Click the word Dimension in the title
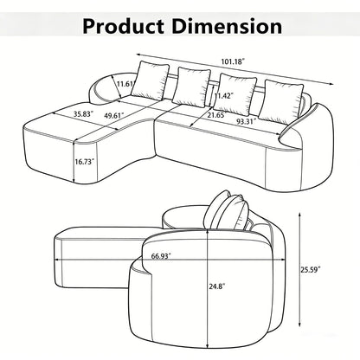tap(227, 26)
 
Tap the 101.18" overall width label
tap(233, 61)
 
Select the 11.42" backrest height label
tap(223, 95)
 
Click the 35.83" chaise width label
tap(83, 113)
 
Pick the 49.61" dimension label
tap(113, 115)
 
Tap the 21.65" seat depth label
tap(216, 115)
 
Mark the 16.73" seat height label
tap(85, 162)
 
